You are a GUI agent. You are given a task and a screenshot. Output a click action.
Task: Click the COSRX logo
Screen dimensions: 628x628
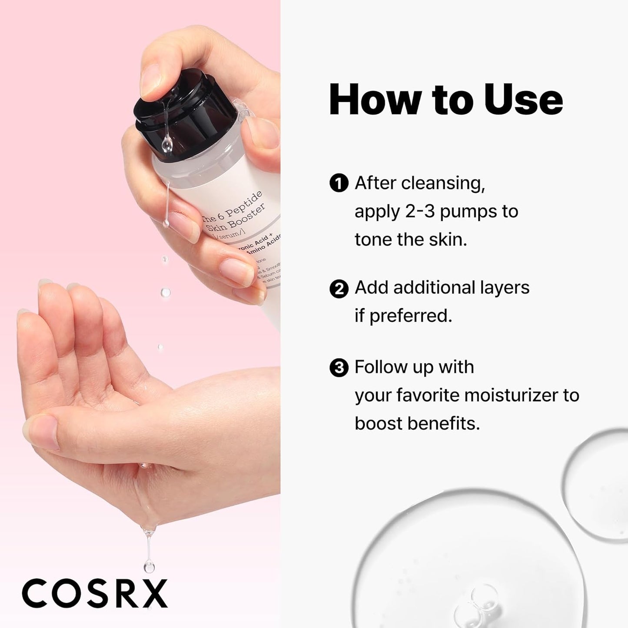pyautogui.click(x=95, y=593)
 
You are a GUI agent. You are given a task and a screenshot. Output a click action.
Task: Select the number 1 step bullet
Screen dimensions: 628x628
pyautogui.click(x=339, y=183)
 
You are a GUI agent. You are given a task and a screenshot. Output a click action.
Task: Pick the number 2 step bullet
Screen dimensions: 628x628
pyautogui.click(x=339, y=289)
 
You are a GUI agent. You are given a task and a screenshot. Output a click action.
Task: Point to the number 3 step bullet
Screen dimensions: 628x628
pyautogui.click(x=339, y=368)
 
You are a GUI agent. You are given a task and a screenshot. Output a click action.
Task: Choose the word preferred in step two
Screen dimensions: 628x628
pyautogui.click(x=410, y=316)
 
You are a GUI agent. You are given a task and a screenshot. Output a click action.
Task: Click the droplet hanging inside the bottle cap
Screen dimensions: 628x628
pyautogui.click(x=166, y=144)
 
